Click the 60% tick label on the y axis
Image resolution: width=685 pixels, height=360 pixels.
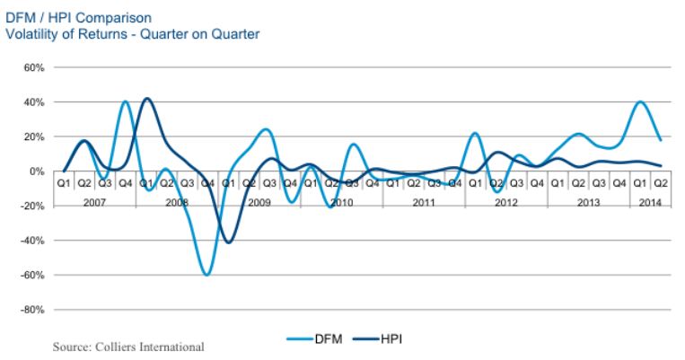tap(33, 67)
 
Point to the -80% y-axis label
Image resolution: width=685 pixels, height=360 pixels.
tap(31, 310)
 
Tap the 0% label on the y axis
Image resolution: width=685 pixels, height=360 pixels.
tap(36, 171)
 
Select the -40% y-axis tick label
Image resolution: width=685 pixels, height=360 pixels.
tap(31, 241)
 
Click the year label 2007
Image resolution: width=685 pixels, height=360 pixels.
tap(94, 203)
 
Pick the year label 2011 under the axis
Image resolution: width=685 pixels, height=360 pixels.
tap(423, 203)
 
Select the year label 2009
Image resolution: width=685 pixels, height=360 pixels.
tap(259, 203)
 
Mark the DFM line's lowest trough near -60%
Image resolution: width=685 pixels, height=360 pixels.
tap(207, 274)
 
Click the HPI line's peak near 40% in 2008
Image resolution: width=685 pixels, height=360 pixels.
tap(147, 99)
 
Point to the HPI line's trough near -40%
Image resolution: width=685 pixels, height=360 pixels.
tap(229, 242)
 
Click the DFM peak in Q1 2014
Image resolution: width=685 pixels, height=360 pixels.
tap(640, 102)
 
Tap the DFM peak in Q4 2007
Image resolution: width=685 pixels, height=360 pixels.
tap(126, 102)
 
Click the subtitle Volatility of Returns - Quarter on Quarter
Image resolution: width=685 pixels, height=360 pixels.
tap(132, 35)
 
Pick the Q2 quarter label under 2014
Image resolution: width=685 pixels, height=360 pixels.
tap(660, 184)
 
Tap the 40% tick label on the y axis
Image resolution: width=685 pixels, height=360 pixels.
tap(33, 102)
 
